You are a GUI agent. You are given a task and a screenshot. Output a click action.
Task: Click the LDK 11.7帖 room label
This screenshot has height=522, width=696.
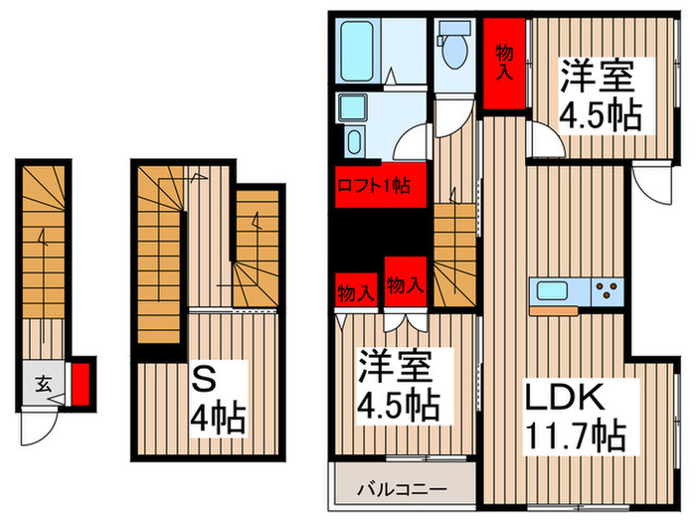point(574,417)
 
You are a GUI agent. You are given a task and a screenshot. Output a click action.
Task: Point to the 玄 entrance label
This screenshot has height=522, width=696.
point(45,381)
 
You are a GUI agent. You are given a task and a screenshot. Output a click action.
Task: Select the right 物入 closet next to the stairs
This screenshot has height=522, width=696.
point(404,283)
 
